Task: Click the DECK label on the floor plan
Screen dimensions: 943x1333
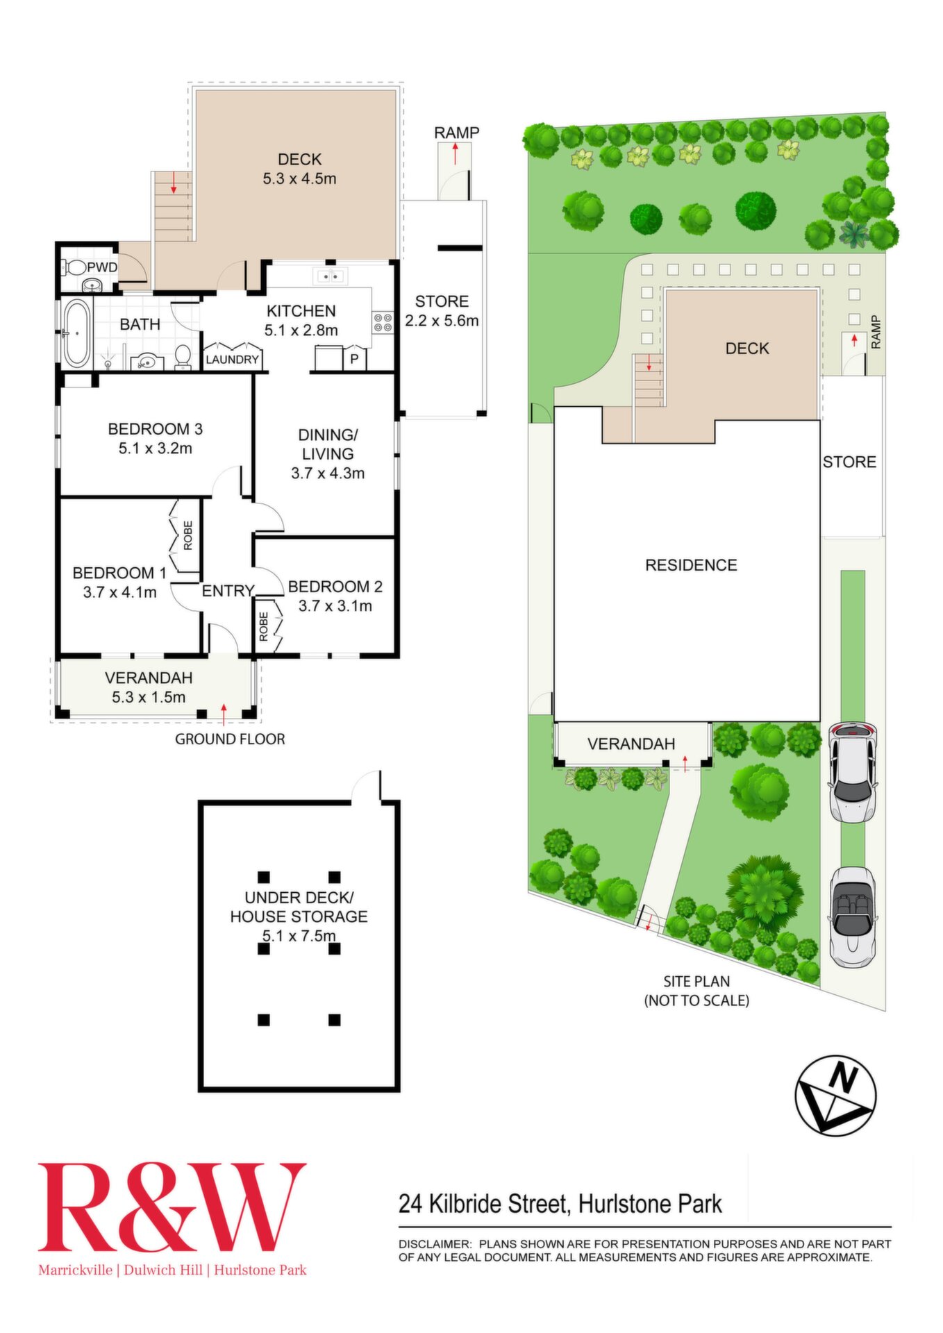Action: (299, 159)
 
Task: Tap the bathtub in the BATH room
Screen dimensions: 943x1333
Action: (76, 334)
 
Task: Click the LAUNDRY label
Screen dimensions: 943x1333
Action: (233, 360)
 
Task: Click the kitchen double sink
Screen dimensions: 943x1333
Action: (331, 276)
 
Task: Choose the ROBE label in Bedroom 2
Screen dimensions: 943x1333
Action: (264, 626)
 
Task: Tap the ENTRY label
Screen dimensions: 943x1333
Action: (228, 591)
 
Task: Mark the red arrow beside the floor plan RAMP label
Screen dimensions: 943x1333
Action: (456, 153)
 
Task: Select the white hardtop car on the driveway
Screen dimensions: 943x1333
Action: (853, 773)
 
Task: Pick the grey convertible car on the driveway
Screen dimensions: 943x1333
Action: (852, 916)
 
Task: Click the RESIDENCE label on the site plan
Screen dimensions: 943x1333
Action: (691, 565)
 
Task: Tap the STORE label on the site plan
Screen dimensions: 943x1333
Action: (849, 462)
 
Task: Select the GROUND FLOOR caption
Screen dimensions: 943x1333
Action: (230, 739)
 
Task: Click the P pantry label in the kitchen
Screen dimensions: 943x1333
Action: (354, 359)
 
